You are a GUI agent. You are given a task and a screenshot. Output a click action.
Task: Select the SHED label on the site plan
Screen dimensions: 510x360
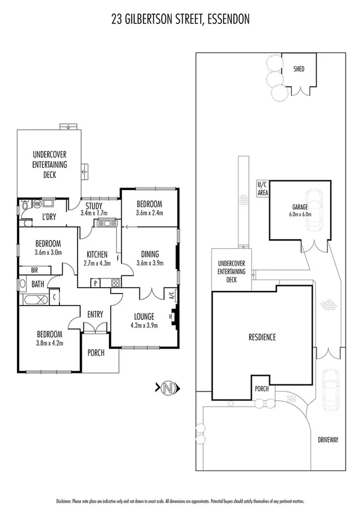(x=299, y=69)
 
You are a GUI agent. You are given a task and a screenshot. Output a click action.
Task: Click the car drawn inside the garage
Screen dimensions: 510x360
(x=314, y=210)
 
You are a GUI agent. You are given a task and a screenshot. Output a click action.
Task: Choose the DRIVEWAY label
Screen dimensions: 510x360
(x=329, y=440)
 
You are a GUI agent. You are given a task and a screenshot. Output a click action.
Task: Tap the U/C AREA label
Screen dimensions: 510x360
(x=263, y=189)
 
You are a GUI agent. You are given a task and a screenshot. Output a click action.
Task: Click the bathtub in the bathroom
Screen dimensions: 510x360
(x=35, y=300)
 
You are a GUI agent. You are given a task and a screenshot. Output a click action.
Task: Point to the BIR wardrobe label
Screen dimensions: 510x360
(x=26, y=271)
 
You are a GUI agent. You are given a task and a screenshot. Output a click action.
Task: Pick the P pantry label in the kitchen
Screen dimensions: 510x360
(x=96, y=283)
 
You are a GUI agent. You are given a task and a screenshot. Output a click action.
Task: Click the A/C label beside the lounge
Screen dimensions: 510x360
(x=171, y=295)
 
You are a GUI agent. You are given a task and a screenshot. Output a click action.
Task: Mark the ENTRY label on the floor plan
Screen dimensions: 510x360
(x=96, y=314)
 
